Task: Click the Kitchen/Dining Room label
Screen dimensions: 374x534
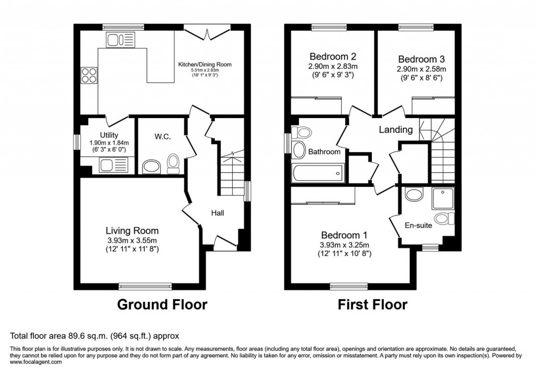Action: point(204,65)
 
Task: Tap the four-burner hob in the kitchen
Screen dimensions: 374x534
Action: point(89,76)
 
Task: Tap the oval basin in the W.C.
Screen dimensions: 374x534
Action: point(151,167)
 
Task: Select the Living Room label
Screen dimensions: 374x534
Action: point(132,230)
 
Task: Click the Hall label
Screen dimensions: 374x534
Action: point(218,213)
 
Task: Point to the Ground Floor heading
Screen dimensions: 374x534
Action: point(162,304)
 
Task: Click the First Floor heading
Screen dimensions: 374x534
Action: point(372,304)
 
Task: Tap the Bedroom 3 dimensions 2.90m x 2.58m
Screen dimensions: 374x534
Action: point(422,69)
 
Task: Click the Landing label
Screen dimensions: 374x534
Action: point(395,130)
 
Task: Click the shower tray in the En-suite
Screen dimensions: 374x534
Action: point(443,198)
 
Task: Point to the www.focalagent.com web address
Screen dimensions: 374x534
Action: point(36,362)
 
